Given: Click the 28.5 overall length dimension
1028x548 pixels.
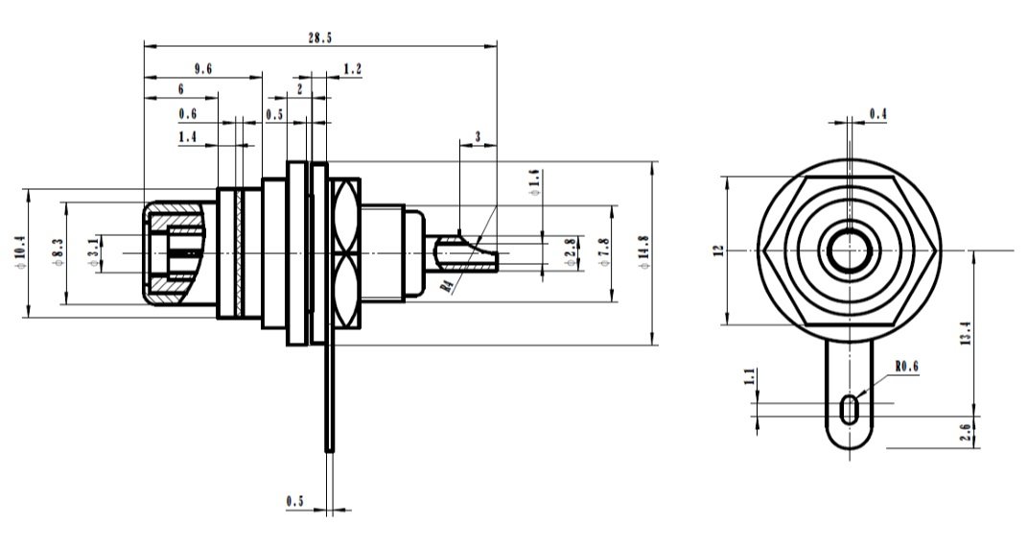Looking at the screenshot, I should point(320,36).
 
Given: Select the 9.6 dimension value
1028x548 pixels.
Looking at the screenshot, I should point(202,68).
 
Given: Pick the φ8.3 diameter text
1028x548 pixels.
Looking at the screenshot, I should point(57,251).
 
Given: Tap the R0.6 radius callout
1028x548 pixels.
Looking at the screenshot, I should point(906,366).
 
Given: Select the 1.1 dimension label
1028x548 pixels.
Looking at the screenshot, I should point(750,378).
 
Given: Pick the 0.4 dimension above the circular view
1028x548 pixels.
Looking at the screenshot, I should point(877,114).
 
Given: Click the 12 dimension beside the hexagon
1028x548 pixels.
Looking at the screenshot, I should point(716,251).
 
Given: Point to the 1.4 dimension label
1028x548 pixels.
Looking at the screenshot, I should point(188,139).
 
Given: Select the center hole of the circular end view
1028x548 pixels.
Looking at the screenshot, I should point(849,250).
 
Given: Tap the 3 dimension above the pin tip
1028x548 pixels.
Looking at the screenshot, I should point(478,137).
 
